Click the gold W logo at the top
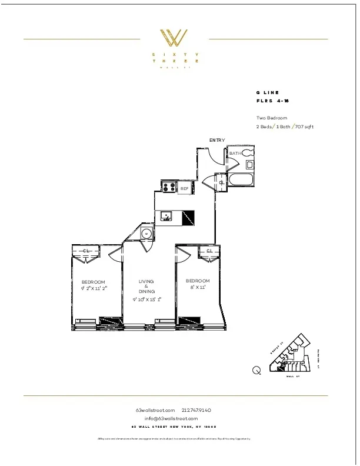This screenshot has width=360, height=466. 175,38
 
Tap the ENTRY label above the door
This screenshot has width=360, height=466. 217,140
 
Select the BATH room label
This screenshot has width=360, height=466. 235,154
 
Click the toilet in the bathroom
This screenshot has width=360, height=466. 247,154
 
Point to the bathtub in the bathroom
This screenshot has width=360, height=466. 241,179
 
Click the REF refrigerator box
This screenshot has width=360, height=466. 184,188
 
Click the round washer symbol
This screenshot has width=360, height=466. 146,234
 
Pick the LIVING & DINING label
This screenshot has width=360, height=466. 146,287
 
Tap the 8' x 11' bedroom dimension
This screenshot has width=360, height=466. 198,288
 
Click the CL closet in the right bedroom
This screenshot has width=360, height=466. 209,251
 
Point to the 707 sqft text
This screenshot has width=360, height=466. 305,127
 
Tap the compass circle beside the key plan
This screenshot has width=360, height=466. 256,370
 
